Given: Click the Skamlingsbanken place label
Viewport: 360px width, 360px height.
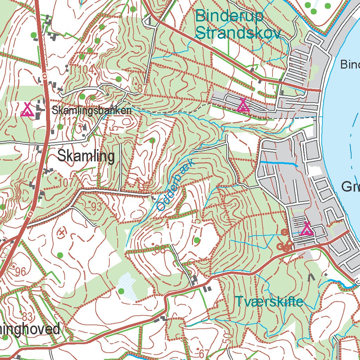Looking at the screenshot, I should (x=92, y=110).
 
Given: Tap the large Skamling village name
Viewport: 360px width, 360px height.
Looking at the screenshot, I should (x=86, y=156).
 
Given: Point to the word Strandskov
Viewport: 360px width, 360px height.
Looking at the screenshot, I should (x=238, y=33).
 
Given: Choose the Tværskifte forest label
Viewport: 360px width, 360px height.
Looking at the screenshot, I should (x=269, y=301).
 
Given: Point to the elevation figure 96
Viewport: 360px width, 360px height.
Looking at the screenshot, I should (x=20, y=271).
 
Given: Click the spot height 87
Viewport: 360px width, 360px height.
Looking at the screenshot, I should (x=141, y=89).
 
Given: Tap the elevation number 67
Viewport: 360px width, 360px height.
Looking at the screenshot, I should (x=201, y=353).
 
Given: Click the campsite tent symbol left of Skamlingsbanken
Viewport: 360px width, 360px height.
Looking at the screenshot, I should (x=27, y=110).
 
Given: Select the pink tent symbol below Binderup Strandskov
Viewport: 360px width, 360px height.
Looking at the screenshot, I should (x=243, y=105).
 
